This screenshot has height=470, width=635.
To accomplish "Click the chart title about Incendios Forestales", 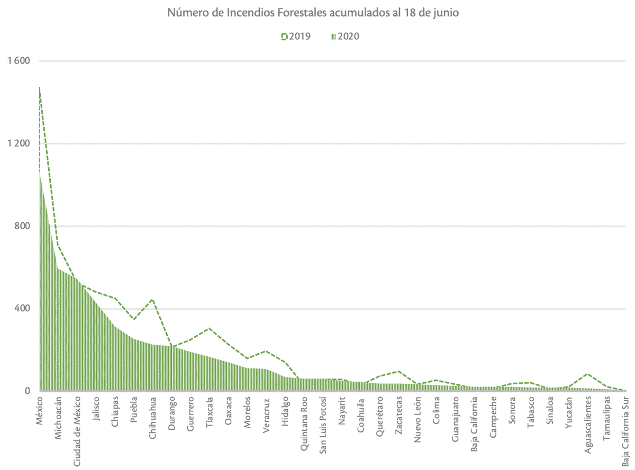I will point(313,13).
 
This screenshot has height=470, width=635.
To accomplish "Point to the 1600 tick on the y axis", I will point(19,61).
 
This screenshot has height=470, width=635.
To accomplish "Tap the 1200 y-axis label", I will point(19,143).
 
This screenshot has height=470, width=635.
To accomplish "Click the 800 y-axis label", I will point(21,226).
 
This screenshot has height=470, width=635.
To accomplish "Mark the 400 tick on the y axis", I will point(21,309).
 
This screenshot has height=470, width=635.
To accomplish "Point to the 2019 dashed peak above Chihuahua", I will point(152,300).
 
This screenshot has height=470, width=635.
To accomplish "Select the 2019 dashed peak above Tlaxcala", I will point(209,328).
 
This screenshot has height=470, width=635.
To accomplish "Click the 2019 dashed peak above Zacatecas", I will point(398,372).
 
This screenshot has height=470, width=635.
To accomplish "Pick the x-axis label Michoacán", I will point(58,418).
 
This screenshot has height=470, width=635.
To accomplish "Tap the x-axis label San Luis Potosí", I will point(322,427).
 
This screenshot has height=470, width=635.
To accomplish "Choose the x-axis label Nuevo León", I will point(418,421).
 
